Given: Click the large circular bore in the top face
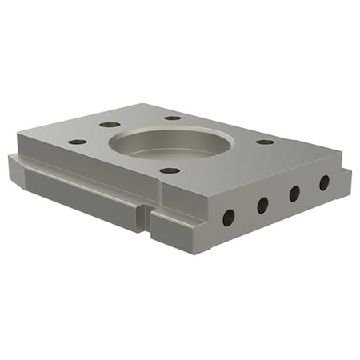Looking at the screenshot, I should coord(171,142).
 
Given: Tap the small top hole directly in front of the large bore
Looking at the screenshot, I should coord(170,170).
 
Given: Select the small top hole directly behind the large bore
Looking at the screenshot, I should coord(174,118).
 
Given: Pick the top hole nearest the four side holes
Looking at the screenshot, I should coord(265,142).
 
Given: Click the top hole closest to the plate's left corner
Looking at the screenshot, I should coord(78,142).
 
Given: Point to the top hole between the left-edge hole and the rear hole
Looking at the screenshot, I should coord(110,125).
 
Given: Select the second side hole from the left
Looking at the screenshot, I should coord(262,205).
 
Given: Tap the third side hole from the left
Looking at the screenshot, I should coord(294,193).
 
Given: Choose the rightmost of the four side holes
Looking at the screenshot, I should coord(324,182).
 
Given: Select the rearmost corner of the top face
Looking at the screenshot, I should coord(144,104).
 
